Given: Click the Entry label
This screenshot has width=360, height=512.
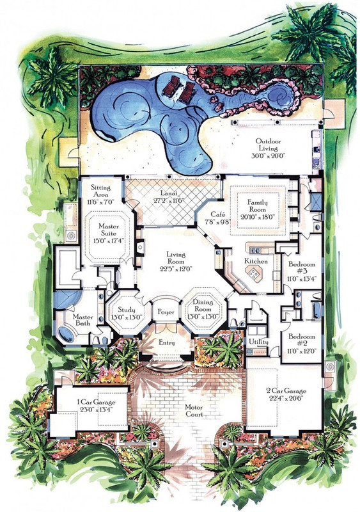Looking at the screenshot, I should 167,343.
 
